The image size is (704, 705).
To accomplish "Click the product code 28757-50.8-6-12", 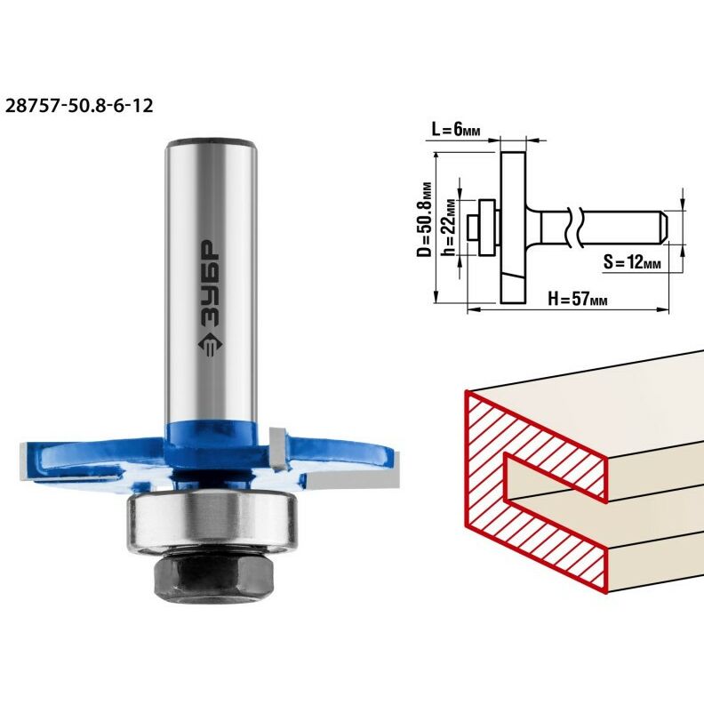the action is click(x=79, y=106).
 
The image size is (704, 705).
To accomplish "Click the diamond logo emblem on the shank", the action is click(x=210, y=345).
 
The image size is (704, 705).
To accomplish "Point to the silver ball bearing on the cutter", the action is click(x=212, y=520).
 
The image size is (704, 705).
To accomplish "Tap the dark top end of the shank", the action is click(x=211, y=144).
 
